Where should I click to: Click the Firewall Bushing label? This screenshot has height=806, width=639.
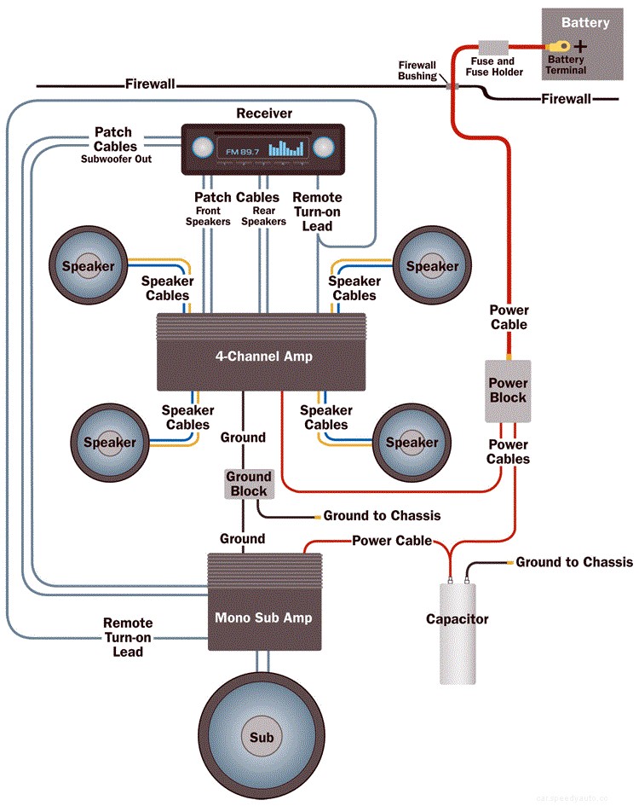(x=417, y=71)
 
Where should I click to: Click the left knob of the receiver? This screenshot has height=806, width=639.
(x=201, y=147)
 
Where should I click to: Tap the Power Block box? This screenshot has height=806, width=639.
(x=508, y=391)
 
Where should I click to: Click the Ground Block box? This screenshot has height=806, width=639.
(x=248, y=484)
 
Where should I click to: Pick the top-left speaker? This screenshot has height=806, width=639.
(x=88, y=266)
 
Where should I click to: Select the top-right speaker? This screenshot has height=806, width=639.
(x=432, y=266)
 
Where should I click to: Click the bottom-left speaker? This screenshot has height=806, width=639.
(x=109, y=442)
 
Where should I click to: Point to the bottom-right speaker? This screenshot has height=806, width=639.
(x=412, y=442)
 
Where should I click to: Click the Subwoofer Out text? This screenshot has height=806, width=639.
(x=117, y=159)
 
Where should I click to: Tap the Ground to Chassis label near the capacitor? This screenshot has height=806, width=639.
(x=574, y=562)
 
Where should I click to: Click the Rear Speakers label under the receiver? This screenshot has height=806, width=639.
(x=263, y=216)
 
